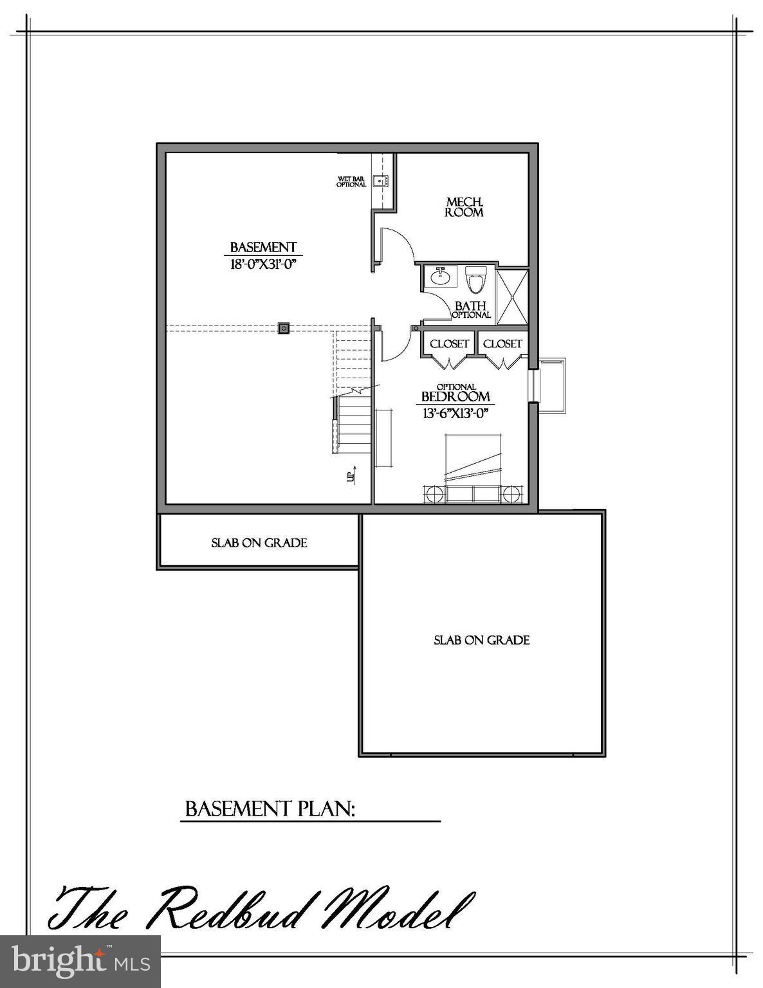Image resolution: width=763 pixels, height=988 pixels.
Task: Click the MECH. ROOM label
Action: click(464, 207)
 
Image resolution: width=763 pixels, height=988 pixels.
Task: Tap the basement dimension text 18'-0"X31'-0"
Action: click(262, 264)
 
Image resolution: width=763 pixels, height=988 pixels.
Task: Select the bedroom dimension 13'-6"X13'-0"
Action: click(455, 414)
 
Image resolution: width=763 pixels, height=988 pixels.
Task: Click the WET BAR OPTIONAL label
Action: click(351, 182)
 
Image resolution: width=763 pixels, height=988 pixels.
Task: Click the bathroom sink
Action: click(441, 277)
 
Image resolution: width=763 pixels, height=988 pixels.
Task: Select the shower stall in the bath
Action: click(512, 297)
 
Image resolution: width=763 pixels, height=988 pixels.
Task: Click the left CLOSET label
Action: click(449, 344)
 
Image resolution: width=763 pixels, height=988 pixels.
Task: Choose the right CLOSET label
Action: click(502, 344)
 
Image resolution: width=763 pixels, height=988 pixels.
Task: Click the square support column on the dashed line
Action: click(283, 328)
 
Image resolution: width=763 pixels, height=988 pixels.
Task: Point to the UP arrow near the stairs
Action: click(351, 476)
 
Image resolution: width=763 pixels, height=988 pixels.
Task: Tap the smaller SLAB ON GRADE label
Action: click(259, 543)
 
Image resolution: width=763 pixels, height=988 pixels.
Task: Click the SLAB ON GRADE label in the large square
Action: click(481, 640)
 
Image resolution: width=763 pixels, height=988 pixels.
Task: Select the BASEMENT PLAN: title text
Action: click(270, 809)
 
